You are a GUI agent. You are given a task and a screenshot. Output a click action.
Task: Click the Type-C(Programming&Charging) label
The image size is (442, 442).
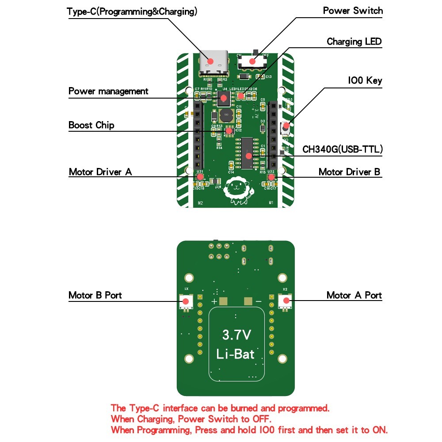click(x=132, y=12)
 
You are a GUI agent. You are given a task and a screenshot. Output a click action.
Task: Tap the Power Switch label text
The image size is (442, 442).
click(x=353, y=11)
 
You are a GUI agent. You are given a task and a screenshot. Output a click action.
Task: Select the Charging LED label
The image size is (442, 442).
click(x=354, y=42)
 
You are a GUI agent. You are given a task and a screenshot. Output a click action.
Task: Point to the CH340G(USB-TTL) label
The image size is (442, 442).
click(x=343, y=149)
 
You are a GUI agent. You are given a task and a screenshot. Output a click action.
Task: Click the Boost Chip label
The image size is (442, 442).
click(x=91, y=125)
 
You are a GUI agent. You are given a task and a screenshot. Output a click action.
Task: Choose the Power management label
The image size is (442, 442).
click(x=108, y=91)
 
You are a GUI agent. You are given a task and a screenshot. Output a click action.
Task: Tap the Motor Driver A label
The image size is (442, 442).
click(x=100, y=172)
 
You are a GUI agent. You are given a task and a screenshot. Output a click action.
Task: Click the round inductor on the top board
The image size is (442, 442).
click(x=226, y=116)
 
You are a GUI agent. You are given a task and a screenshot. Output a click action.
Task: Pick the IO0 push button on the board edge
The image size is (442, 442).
click(x=286, y=128)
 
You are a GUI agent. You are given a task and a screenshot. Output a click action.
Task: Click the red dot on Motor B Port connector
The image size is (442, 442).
click(x=186, y=301)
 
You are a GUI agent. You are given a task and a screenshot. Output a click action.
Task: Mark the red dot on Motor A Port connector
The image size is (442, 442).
click(x=286, y=301)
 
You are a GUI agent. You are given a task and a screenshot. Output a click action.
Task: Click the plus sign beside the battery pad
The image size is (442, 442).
click(x=214, y=301)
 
